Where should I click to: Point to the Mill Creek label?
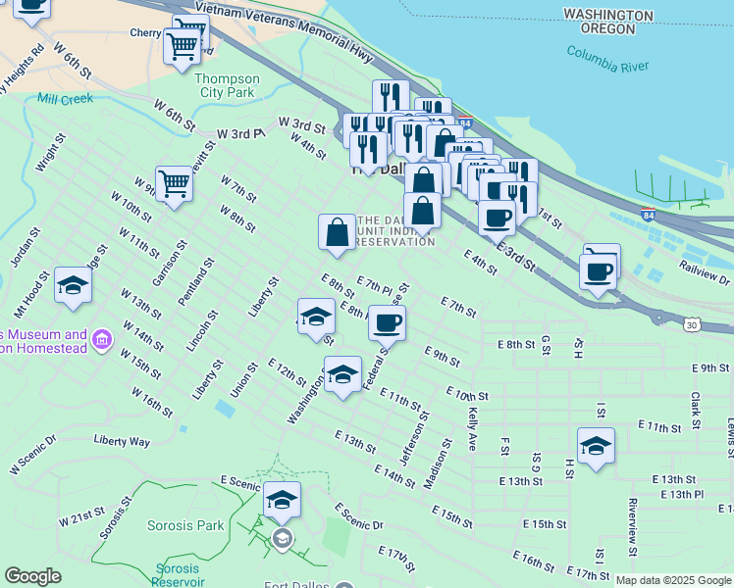tap(65, 99)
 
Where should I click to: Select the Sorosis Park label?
tap(185, 525)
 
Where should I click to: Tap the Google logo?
tap(32, 576)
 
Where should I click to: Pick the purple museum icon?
tap(101, 341)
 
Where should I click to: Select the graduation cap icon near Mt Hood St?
tap(73, 285)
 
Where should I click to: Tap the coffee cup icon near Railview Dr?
tap(598, 270)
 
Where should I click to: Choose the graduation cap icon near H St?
tap(596, 446)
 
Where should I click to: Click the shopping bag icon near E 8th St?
tap(337, 232)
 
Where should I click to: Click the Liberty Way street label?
tap(122, 441)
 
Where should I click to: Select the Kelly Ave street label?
tap(472, 428)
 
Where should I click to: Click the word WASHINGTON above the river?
tap(608, 17)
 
